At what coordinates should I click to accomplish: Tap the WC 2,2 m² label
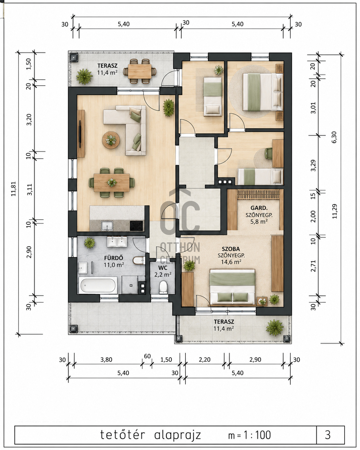pyautogui.click(x=163, y=271)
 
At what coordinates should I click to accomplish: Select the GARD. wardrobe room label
pyautogui.click(x=259, y=208)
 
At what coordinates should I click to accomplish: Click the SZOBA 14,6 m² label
pyautogui.click(x=231, y=255)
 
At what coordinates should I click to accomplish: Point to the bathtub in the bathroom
pyautogui.click(x=98, y=286)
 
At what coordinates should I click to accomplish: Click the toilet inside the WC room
pyautogui.click(x=163, y=287)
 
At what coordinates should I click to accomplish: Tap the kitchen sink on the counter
pyautogui.click(x=107, y=226)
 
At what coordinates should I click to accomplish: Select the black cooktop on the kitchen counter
pyautogui.click(x=136, y=226)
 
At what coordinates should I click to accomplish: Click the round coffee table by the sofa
pyautogui.click(x=111, y=140)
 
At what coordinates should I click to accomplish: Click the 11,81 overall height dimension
pyautogui.click(x=13, y=189)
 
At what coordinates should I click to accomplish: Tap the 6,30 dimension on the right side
pyautogui.click(x=334, y=137)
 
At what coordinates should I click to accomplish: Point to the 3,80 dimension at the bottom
pyautogui.click(x=106, y=359)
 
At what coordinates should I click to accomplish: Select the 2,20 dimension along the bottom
pyautogui.click(x=204, y=359)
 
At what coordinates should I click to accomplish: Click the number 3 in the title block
pyautogui.click(x=328, y=435)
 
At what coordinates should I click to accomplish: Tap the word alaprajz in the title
pyautogui.click(x=177, y=435)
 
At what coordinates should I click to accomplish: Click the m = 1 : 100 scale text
pyautogui.click(x=249, y=435)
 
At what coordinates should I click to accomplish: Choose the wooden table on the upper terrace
pyautogui.click(x=140, y=72)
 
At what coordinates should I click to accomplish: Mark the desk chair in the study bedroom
pyautogui.click(x=269, y=153)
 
